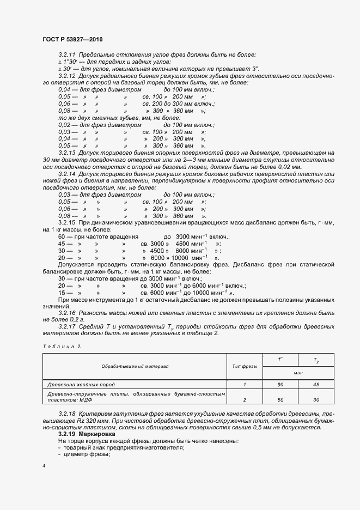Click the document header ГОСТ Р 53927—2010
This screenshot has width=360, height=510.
[x=72, y=40]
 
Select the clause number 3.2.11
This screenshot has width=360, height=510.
[x=68, y=56]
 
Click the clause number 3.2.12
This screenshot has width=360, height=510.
[x=68, y=76]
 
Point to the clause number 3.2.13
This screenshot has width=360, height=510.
[x=68, y=154]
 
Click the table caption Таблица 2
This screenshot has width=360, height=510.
[x=61, y=347]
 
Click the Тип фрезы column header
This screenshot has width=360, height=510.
[x=245, y=367]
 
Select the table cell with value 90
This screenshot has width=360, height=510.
[x=280, y=385]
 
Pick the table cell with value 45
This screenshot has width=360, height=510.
[x=316, y=385]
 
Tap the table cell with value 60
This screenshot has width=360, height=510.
[x=280, y=399]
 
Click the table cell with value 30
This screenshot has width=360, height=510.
[x=316, y=399]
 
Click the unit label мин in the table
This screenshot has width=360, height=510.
[x=298, y=373]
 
